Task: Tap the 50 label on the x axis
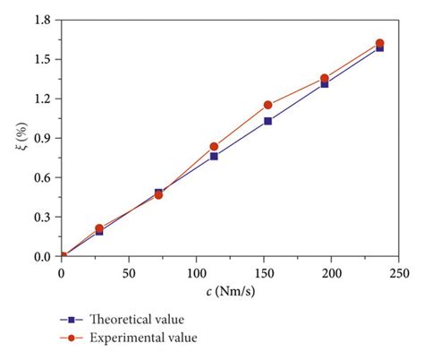point(129,271)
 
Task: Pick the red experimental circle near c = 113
point(214,146)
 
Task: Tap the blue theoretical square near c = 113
point(214,156)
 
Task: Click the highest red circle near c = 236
point(379,43)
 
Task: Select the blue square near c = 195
point(324,83)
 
